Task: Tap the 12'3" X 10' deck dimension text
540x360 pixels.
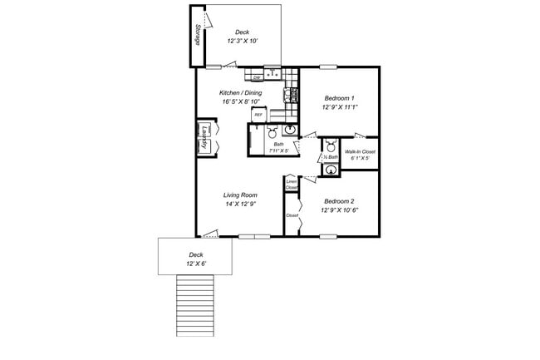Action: (243, 42)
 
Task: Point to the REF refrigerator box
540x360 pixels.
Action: (258, 114)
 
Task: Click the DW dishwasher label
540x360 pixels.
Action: (257, 78)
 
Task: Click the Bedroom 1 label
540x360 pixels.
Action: (339, 98)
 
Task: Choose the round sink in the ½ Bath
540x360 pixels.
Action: (331, 171)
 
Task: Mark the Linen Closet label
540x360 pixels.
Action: (292, 185)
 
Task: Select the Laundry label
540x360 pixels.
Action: (204, 138)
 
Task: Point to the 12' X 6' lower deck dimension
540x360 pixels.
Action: (196, 264)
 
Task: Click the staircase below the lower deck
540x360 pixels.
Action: (196, 305)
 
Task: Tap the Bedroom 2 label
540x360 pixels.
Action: (339, 202)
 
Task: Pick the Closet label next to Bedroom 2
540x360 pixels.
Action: (292, 215)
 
